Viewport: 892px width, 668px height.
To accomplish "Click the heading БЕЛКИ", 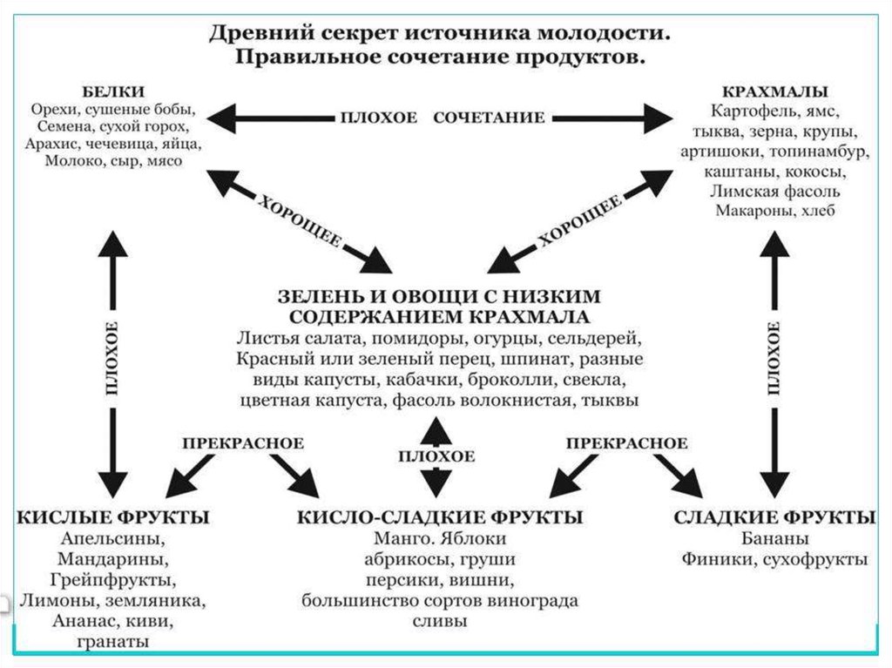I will coord(113,92).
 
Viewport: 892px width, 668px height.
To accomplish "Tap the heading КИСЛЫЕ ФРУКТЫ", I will coord(113,517).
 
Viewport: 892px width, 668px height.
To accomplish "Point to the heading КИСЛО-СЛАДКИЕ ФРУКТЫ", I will coord(440,517).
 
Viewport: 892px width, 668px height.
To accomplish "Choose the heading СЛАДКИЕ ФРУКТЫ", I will coord(774,517).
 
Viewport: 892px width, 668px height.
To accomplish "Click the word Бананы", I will coord(774,538).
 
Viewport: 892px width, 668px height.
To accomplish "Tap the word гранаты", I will coord(113,643).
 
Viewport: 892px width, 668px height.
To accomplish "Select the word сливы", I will coord(440,622).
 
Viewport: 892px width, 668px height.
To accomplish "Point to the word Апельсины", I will coord(113,538).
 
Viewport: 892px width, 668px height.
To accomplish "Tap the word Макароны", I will coord(745,212).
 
